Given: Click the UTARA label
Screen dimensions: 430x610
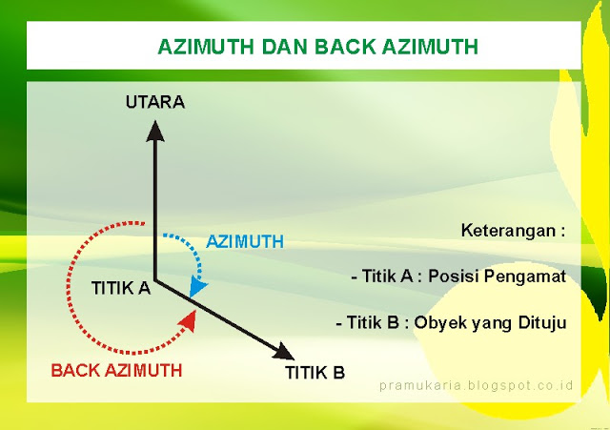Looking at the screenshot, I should [154, 102].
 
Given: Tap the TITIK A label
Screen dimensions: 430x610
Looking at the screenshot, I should [121, 287].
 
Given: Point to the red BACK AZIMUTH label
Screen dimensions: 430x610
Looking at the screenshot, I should [116, 369].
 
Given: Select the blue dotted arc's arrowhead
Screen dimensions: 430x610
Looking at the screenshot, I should [197, 286].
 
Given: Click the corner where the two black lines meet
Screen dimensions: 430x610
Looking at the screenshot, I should [155, 281].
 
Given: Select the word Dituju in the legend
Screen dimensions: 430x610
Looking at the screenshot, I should [540, 322].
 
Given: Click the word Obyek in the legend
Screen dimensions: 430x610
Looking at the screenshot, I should [432, 322].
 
